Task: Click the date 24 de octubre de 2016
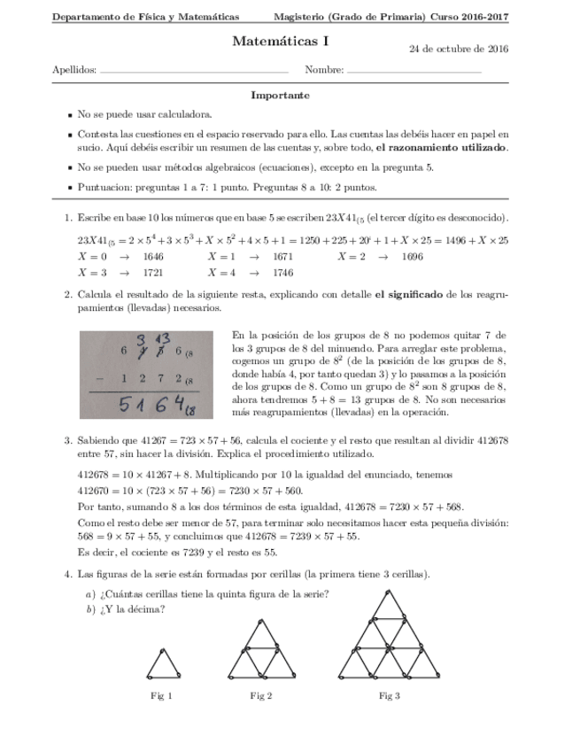coord(458,49)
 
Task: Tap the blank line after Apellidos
coord(194,70)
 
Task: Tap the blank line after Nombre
coord(414,70)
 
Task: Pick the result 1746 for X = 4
coord(282,273)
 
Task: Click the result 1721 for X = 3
coord(153,273)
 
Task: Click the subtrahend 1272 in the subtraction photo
coord(151,378)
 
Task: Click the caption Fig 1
coord(161,695)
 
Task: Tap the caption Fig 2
coord(260,695)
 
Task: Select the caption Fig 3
coord(390,695)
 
